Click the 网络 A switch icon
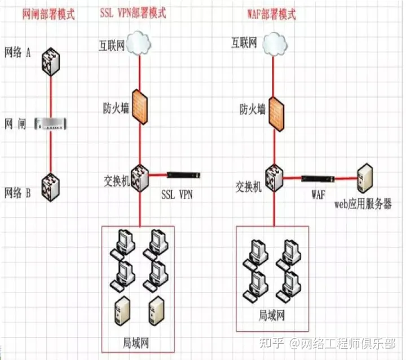51,62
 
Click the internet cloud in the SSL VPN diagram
140,42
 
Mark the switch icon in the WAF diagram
274,178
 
